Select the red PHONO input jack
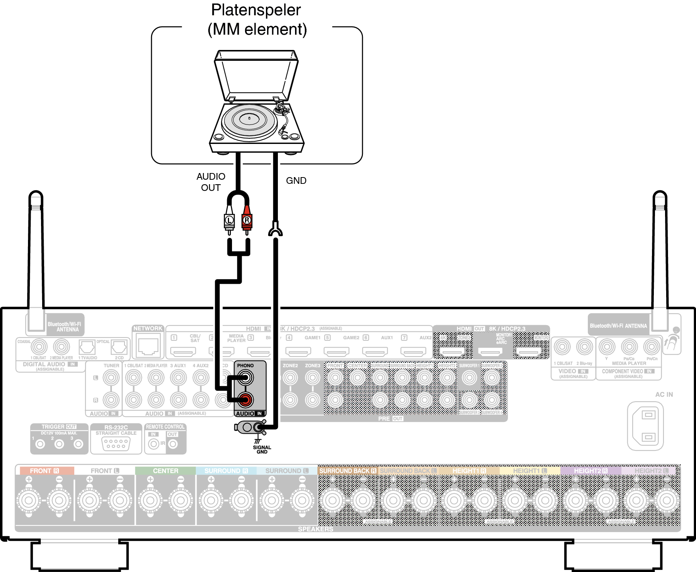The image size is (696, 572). pos(245,400)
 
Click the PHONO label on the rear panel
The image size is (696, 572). pos(245,365)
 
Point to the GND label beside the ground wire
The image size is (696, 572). pos(296,180)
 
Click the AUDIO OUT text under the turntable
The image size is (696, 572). pos(211,182)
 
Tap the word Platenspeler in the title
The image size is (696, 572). pos(256,10)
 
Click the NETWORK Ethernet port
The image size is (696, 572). pos(148,346)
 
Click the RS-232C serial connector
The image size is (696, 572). pos(116,443)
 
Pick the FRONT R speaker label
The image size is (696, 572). pos(44,471)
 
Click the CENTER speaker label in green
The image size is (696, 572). pos(166,471)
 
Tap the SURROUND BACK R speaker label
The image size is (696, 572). pos(348,471)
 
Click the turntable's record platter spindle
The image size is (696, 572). pos(249,119)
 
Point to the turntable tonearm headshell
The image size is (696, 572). pos(282,131)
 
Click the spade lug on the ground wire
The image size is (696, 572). pos(275,230)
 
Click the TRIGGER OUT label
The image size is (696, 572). pos(59,427)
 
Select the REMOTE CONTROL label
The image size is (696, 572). pos(165,427)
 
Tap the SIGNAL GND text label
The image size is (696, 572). pos(262,449)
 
